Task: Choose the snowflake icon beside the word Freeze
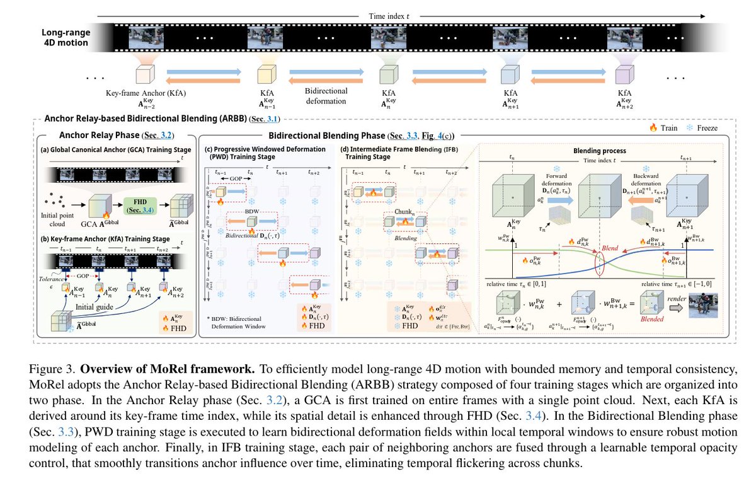[x=691, y=127]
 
